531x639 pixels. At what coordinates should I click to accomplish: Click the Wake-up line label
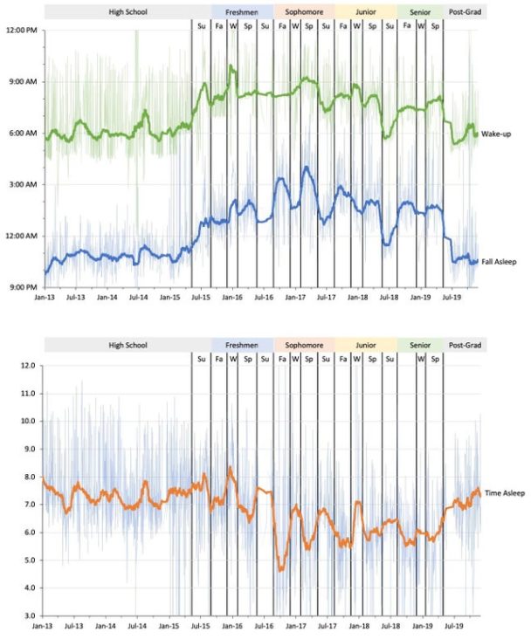coord(498,134)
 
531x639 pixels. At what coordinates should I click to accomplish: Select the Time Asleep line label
coord(504,493)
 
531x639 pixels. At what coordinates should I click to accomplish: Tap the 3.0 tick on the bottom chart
coord(28,615)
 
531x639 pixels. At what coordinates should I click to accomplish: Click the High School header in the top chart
coord(128,12)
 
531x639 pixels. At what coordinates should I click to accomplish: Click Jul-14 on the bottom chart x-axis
coord(137,626)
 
